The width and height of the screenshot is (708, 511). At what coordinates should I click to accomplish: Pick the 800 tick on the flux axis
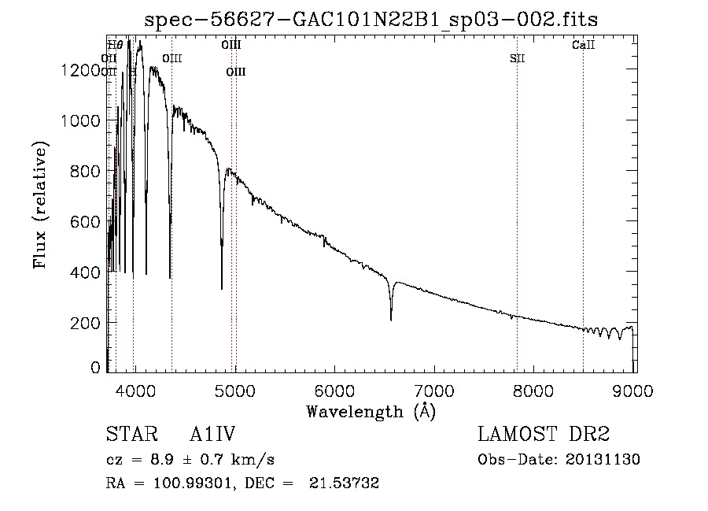(86, 171)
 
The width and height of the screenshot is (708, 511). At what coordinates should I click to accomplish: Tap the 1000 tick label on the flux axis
(82, 120)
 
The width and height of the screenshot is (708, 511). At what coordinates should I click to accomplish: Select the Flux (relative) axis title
(40, 206)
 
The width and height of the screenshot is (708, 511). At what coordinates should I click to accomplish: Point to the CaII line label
(583, 46)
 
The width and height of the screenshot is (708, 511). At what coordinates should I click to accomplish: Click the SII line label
(517, 58)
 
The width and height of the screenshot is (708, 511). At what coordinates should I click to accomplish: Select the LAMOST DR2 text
(544, 435)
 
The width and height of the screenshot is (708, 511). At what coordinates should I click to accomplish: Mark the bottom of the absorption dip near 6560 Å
(391, 320)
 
